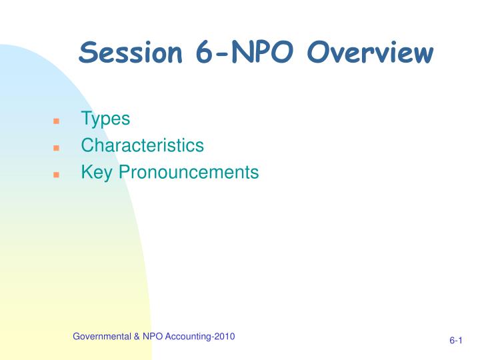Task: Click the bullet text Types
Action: (x=105, y=119)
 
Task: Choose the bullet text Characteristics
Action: (x=142, y=145)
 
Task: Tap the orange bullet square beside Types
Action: (x=56, y=121)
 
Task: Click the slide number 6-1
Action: (x=456, y=341)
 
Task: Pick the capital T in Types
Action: (x=86, y=119)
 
